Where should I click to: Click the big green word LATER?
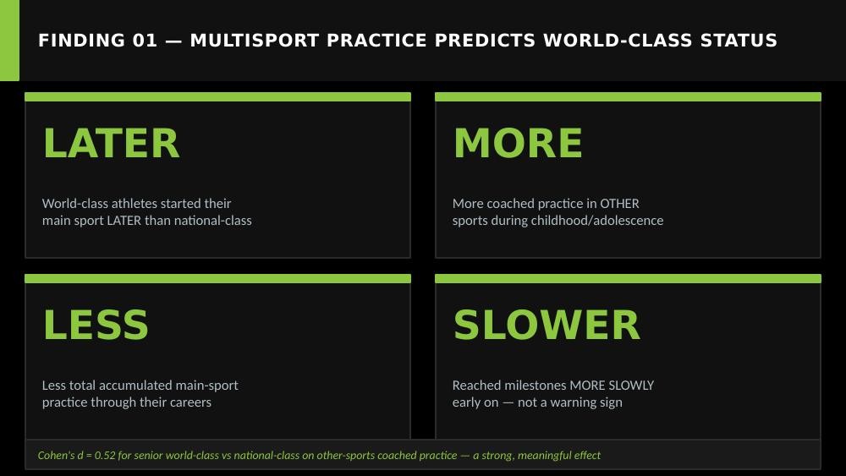pyautogui.click(x=111, y=144)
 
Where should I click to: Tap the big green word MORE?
pyautogui.click(x=518, y=144)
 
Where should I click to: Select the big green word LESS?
pyautogui.click(x=96, y=325)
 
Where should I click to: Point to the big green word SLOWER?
pyautogui.click(x=547, y=325)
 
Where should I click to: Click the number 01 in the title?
pyautogui.click(x=145, y=41)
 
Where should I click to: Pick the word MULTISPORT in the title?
pyautogui.click(x=255, y=41)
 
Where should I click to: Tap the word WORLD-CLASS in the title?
pyautogui.click(x=618, y=41)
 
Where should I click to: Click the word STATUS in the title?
pyautogui.click(x=739, y=41)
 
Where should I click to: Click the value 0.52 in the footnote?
pyautogui.click(x=105, y=456)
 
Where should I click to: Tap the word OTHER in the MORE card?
pyautogui.click(x=619, y=204)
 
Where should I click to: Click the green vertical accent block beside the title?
pyautogui.click(x=9, y=41)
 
